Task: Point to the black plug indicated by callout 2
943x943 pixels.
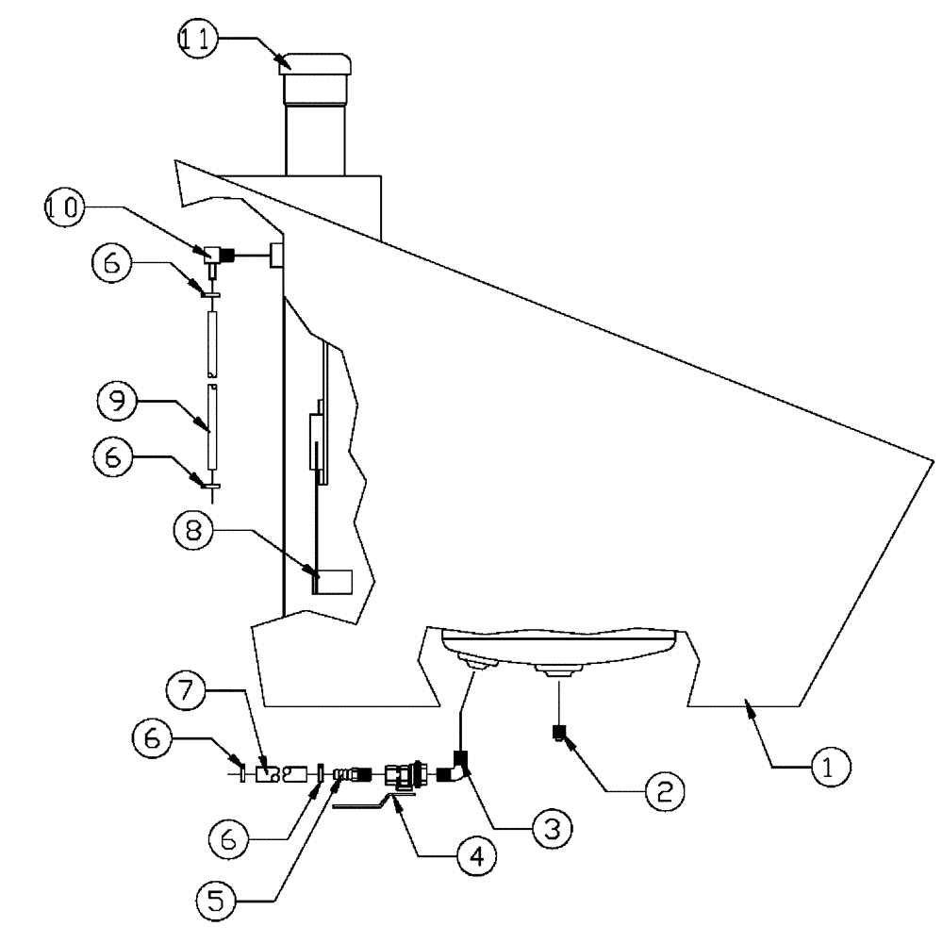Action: click(x=559, y=732)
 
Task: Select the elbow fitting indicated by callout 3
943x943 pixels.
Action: click(x=458, y=765)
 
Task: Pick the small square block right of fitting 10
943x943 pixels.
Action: click(x=277, y=254)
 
